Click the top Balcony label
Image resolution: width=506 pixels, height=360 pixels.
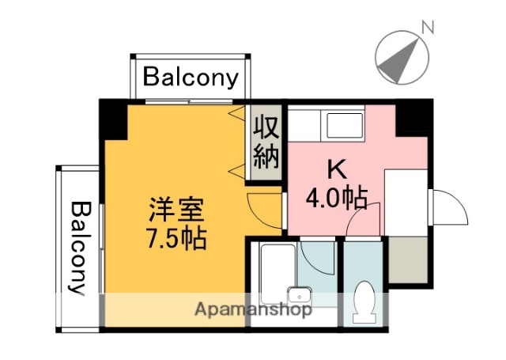pyautogui.click(x=191, y=78)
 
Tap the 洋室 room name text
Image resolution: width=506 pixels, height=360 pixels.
pyautogui.click(x=177, y=210)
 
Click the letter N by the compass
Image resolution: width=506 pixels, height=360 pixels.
pyautogui.click(x=428, y=27)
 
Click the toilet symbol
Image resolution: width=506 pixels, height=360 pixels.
pyautogui.click(x=364, y=300)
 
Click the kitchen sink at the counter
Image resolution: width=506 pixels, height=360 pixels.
pyautogui.click(x=343, y=124)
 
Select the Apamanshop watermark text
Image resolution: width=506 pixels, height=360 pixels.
pyautogui.click(x=252, y=309)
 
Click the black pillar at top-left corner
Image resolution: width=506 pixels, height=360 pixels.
pyautogui.click(x=114, y=119)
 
